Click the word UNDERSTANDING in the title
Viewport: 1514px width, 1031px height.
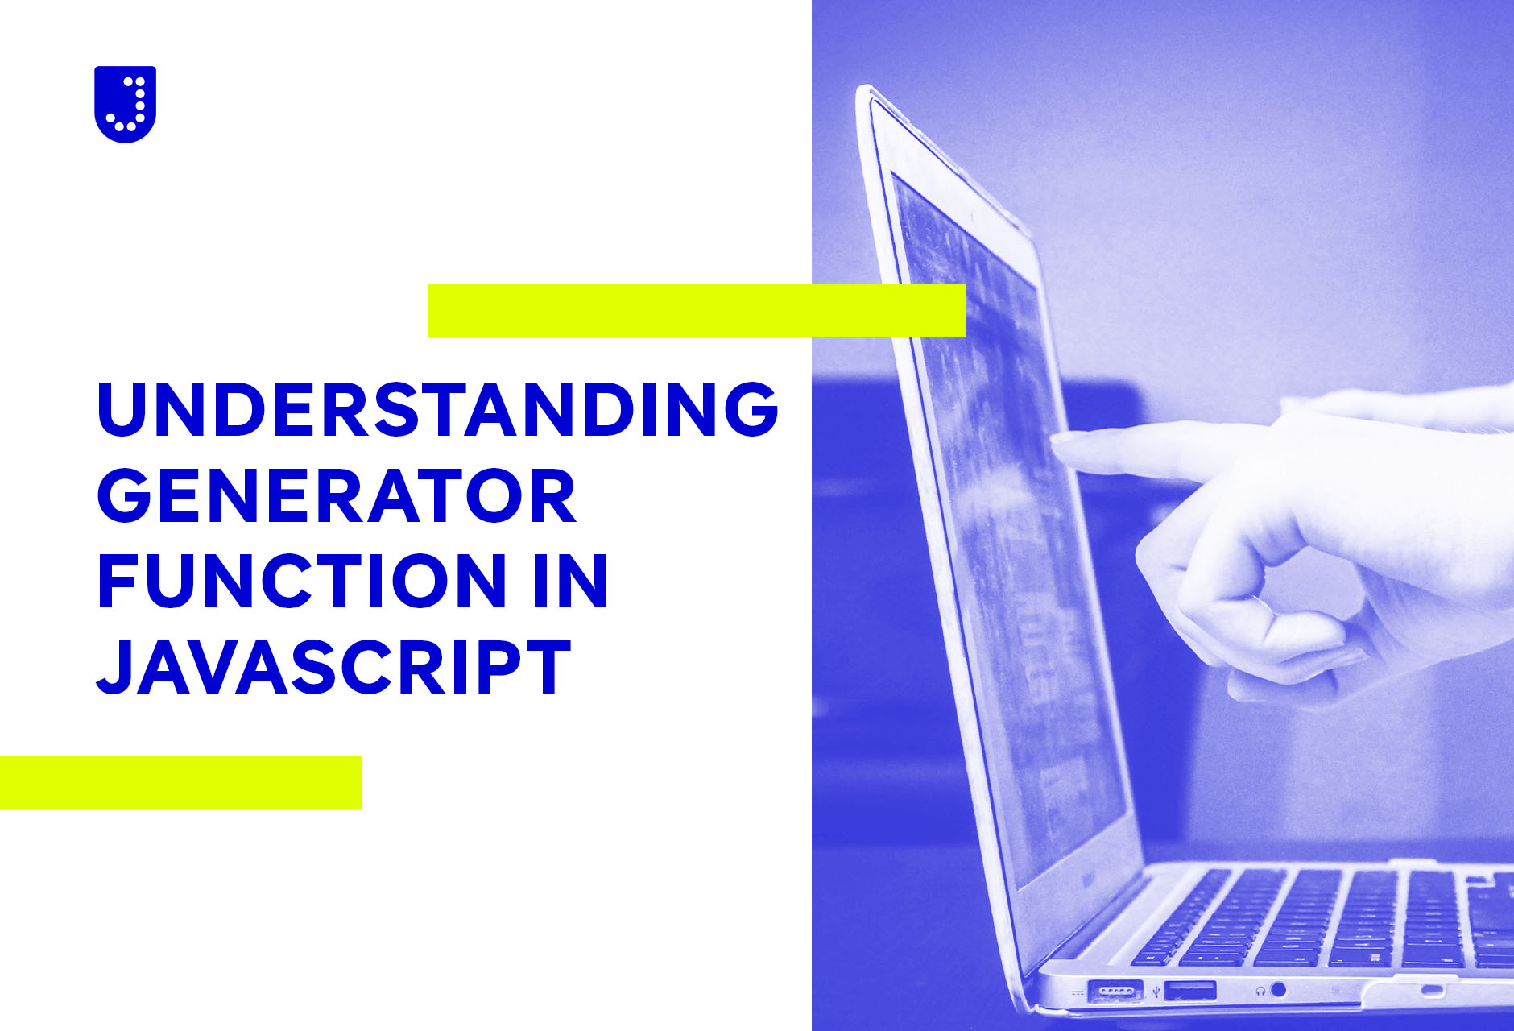click(x=438, y=408)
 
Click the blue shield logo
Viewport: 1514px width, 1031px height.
click(x=125, y=104)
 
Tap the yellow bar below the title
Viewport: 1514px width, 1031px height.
click(x=181, y=782)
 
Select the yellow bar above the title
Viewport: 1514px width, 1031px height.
click(x=697, y=310)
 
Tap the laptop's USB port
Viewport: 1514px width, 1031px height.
click(x=1190, y=990)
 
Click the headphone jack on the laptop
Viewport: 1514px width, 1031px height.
click(x=1278, y=989)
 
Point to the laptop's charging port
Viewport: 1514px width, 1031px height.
click(x=1115, y=992)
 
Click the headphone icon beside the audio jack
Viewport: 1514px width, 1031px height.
click(x=1260, y=990)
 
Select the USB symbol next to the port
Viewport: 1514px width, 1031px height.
click(x=1156, y=992)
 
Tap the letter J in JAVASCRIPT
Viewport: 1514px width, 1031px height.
click(x=114, y=667)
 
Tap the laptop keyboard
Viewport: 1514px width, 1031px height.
click(x=1321, y=918)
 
